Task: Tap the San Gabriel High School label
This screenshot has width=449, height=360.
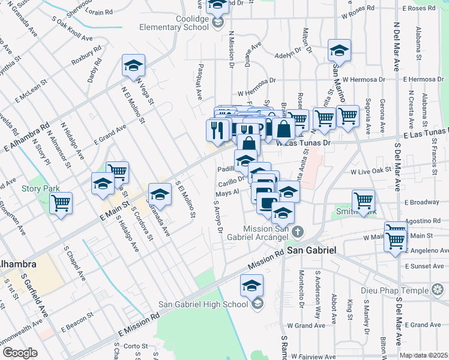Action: (x=203, y=304)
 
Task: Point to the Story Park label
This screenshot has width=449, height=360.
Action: (x=40, y=188)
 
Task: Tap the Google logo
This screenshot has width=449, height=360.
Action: (x=20, y=352)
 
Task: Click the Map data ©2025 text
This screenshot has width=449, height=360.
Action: (x=424, y=356)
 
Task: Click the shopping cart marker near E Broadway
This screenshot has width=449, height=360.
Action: (x=363, y=200)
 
